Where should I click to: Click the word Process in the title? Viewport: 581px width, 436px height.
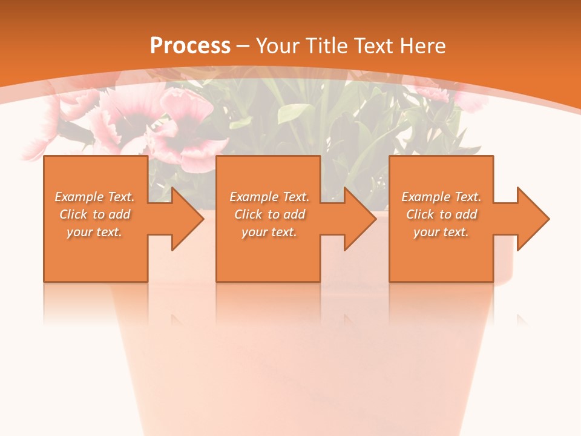pos(190,45)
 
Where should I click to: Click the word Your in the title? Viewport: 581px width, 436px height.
pos(279,45)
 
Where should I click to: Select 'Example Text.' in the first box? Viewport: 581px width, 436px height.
pos(94,197)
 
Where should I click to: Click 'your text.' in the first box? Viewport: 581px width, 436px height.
pos(94,232)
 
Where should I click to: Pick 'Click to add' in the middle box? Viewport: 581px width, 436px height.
pos(269,214)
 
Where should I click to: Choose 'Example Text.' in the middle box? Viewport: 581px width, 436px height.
pos(269,197)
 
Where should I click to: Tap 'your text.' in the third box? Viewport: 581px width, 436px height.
pos(441,232)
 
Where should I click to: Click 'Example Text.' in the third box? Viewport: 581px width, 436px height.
pos(441,197)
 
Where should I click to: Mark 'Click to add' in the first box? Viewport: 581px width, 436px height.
pos(94,214)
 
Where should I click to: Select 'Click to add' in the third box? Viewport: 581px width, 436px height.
pos(441,214)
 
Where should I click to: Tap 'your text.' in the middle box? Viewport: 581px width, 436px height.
pos(269,232)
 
